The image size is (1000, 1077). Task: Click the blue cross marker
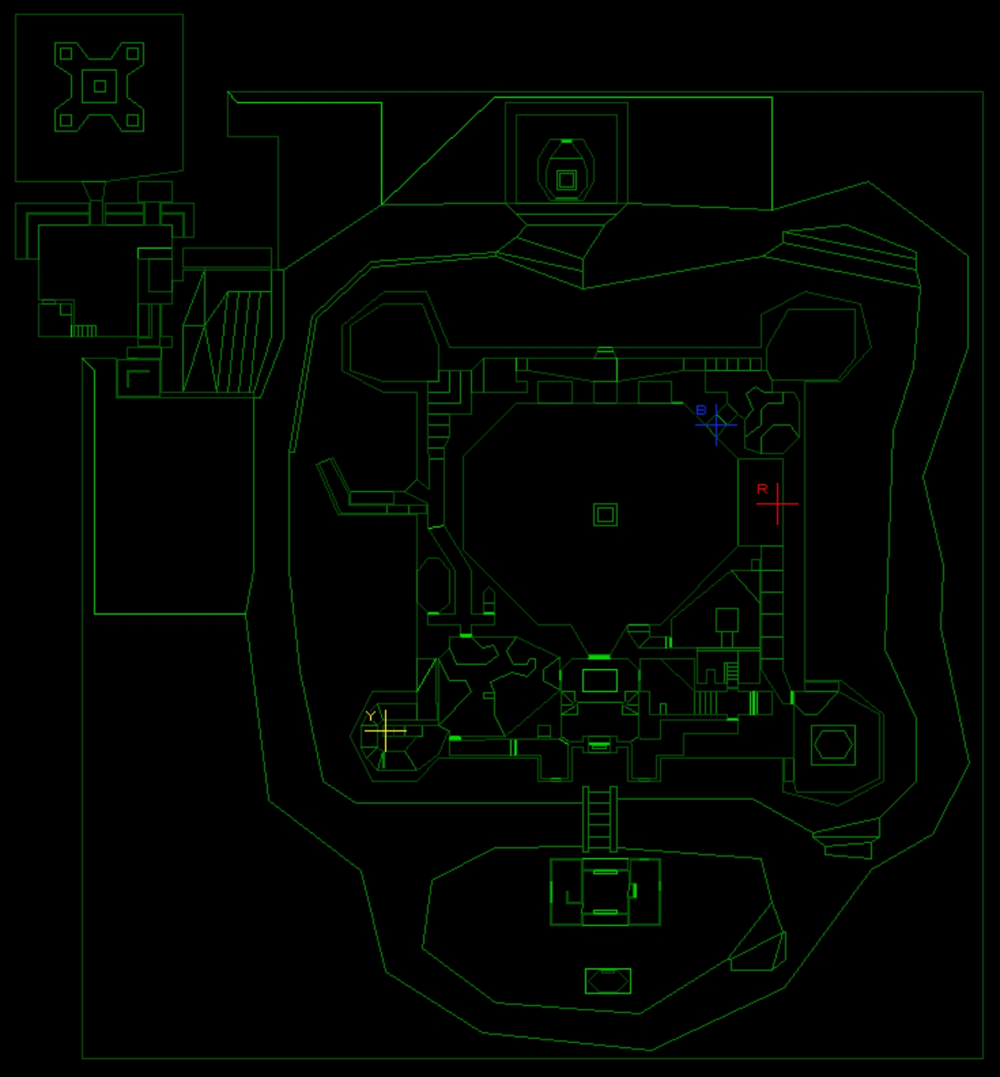[x=716, y=425]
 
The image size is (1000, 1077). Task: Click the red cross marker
[x=777, y=504]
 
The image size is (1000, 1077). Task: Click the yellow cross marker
[x=385, y=731]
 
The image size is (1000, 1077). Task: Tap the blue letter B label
[x=701, y=410]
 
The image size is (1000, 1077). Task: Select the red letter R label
[x=762, y=489]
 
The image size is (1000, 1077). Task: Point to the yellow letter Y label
[x=370, y=716]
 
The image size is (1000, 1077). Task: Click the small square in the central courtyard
[x=605, y=515]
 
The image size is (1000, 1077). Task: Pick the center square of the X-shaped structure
[x=99, y=86]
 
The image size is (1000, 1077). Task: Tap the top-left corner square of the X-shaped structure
[x=66, y=53]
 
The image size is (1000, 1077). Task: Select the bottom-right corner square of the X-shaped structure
[x=133, y=119]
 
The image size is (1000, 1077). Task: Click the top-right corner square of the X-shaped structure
[x=133, y=53]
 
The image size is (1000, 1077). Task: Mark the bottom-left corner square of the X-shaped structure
[x=66, y=119]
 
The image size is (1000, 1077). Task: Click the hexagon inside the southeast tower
[x=834, y=745]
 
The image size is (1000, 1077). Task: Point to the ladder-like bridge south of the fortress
[x=599, y=819]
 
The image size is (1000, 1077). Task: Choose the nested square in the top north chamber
[x=566, y=180]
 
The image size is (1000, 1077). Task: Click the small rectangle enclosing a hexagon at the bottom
[x=608, y=981]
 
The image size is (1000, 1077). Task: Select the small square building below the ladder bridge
[x=605, y=892]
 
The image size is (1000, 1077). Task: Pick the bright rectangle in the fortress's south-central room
[x=599, y=680]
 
